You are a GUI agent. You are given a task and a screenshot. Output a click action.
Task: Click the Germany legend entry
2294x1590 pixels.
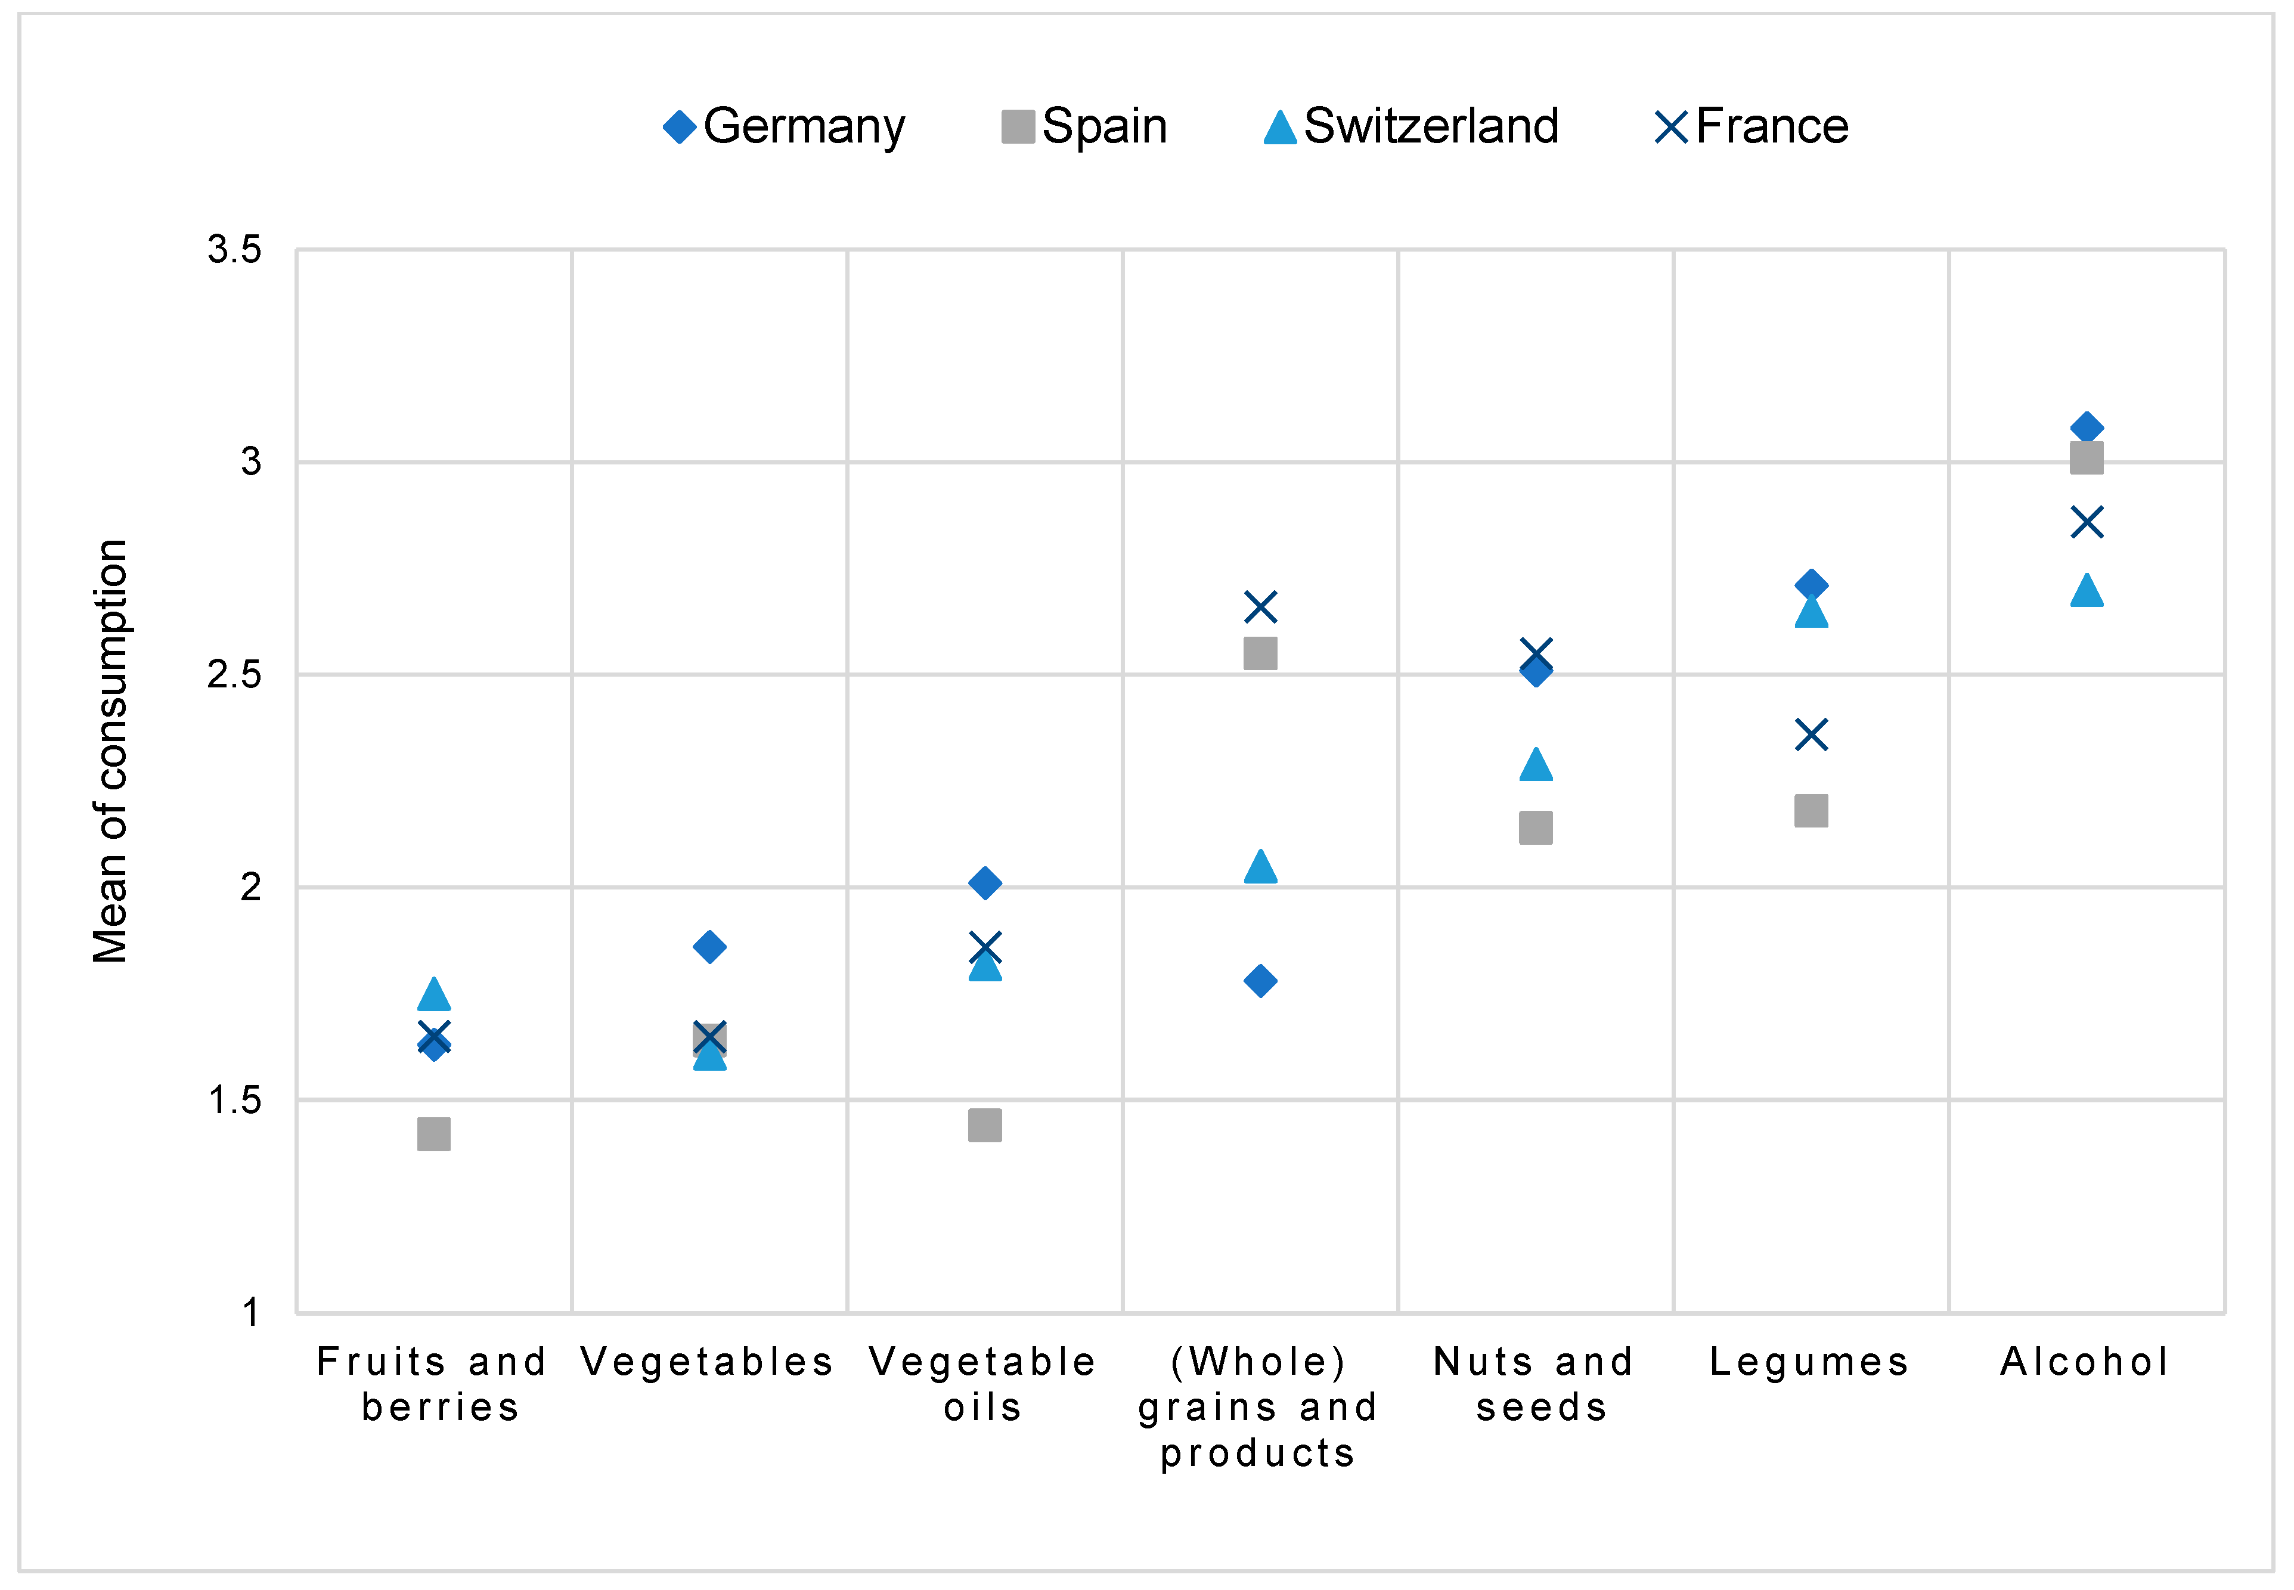coord(784,126)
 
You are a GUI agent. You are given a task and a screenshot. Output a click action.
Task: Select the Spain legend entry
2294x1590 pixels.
coord(1084,126)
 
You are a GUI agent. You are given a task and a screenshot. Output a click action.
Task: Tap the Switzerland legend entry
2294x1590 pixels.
coord(1410,126)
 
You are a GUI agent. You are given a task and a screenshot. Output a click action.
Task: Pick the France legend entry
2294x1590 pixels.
coord(1751,126)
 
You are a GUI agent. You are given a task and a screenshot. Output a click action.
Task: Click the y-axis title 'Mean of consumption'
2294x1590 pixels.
coord(110,751)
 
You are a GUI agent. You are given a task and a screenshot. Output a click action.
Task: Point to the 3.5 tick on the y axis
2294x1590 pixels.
coord(234,249)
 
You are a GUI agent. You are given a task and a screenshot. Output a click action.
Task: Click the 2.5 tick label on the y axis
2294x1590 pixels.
coord(234,674)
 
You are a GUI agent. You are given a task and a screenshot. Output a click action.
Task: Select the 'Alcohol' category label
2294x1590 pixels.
coord(2085,1361)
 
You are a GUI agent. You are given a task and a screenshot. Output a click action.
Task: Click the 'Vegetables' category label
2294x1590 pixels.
coord(707,1361)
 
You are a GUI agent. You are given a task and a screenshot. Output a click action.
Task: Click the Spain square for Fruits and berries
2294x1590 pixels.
coord(433,1134)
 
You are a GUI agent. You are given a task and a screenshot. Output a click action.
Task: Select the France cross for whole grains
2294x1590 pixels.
coord(1260,607)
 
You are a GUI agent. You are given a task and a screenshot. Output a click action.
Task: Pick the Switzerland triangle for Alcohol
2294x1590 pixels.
coord(2087,591)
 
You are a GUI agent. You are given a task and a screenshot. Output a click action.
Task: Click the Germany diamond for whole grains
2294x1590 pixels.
coord(1260,981)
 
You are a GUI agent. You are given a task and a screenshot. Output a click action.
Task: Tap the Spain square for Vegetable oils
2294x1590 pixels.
coord(985,1126)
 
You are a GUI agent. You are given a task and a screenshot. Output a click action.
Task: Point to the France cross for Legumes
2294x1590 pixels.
coord(1811,735)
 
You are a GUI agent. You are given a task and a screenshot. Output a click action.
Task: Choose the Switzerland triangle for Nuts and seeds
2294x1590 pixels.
coord(1536,764)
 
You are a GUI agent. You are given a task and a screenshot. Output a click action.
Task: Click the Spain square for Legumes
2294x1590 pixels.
coord(1811,811)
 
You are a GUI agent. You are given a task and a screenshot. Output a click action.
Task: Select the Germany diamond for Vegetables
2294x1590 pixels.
coord(709,947)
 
